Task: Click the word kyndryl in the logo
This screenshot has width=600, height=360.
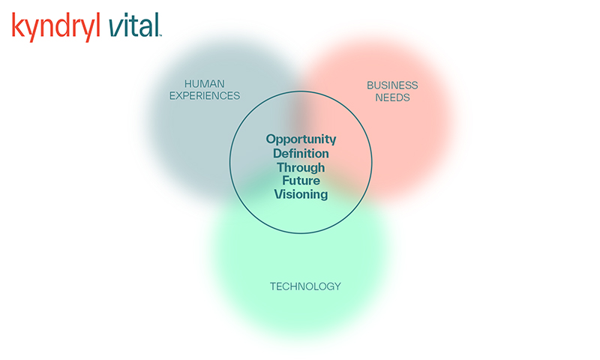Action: coord(55,27)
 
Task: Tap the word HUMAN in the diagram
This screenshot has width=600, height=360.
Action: coord(204,84)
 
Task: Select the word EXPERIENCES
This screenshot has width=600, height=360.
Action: coord(205,96)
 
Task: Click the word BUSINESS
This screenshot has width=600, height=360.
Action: coord(392,85)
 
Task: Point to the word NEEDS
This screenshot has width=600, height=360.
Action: coord(392,97)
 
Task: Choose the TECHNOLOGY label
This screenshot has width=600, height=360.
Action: coord(305,286)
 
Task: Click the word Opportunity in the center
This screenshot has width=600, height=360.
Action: coord(301,139)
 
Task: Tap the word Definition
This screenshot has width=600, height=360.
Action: coord(301,154)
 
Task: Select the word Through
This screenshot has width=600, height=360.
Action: coord(301,168)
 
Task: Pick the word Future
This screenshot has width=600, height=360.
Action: coord(301,181)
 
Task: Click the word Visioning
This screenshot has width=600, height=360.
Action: coord(301,194)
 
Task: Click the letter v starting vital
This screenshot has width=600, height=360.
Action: coord(115,28)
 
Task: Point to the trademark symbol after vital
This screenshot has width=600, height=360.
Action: coord(160,35)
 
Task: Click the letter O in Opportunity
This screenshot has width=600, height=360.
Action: coord(271,139)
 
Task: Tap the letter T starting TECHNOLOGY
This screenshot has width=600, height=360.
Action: coord(273,286)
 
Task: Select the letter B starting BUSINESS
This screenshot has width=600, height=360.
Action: coord(370,85)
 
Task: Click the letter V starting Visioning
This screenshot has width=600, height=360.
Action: coord(279,194)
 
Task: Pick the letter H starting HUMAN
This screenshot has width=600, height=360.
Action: coord(188,84)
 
